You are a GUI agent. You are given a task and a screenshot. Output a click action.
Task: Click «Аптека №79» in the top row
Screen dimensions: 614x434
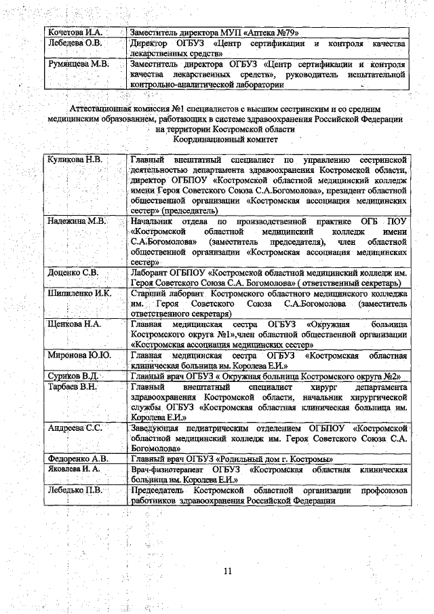pos(275,31)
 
